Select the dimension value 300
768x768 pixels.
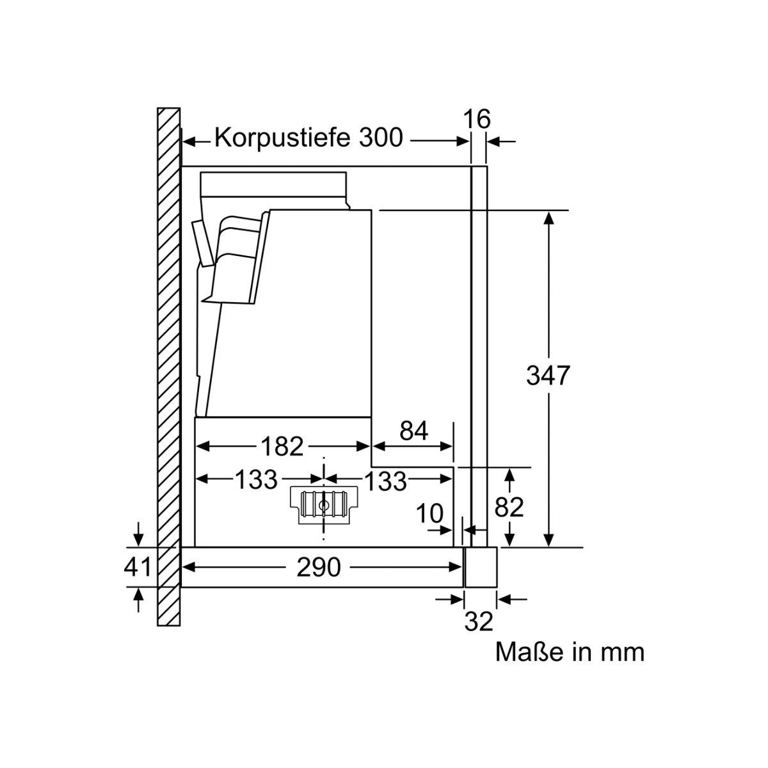381,138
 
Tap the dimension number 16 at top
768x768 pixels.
477,119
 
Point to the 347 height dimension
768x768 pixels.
548,376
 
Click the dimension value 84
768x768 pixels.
413,431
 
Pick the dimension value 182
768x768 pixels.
282,446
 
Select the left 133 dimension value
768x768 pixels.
256,479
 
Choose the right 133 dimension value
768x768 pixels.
385,481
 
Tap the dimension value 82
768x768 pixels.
509,508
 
